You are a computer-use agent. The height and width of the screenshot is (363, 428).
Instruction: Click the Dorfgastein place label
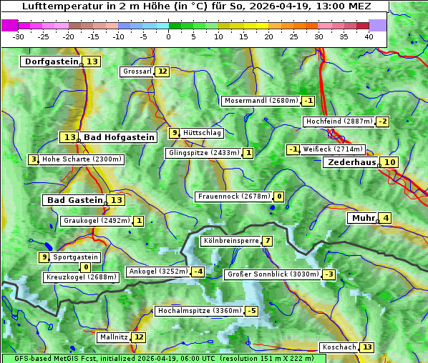point(51,61)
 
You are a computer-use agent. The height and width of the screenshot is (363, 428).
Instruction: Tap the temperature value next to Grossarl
point(162,71)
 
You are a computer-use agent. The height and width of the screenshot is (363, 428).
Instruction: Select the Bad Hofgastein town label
point(118,137)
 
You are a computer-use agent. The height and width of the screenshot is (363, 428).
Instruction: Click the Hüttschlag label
point(203,133)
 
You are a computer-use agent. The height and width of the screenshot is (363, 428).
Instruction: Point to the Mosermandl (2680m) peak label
point(261,101)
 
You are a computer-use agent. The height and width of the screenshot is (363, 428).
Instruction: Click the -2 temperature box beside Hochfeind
point(383,121)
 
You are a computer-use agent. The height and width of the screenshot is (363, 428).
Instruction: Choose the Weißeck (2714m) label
point(334,149)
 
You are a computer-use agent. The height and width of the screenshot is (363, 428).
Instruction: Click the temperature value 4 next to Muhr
point(386,218)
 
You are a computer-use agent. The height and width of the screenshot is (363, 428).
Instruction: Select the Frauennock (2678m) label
point(234,197)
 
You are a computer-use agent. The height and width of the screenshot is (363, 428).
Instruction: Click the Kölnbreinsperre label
point(230,242)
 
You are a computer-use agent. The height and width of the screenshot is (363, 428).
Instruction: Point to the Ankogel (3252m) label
point(157,272)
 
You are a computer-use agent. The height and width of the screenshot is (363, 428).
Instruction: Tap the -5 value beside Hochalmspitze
point(251,311)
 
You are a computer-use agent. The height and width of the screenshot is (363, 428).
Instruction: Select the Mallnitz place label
point(114,337)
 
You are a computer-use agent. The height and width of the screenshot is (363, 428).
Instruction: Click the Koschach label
point(339,347)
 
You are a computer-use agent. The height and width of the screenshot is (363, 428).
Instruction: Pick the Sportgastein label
point(76,257)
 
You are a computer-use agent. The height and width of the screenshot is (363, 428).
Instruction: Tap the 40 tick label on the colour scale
point(369,36)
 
